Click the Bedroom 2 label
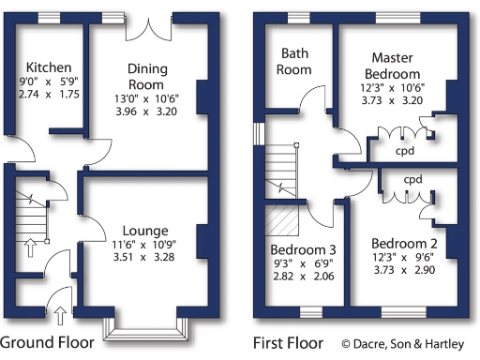tap(400, 240)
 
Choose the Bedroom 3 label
tap(302, 250)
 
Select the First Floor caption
tap(288, 342)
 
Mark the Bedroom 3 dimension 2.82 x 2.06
tap(303, 278)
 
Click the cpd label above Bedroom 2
tap(412, 178)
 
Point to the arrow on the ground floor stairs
tap(30, 247)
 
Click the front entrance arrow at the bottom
tap(63, 314)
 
